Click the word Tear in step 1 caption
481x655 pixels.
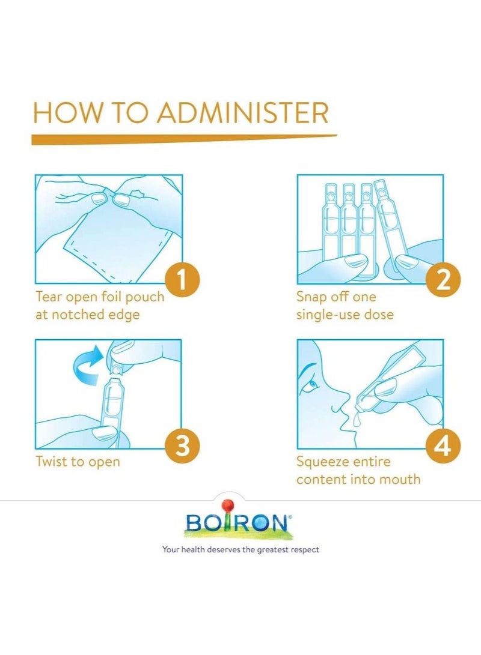(49, 297)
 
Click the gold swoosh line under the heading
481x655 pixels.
(180, 139)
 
